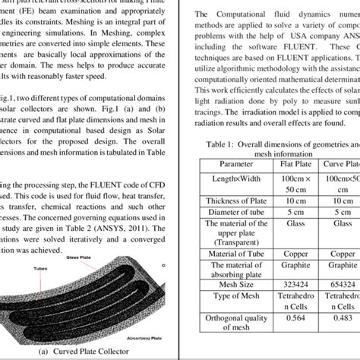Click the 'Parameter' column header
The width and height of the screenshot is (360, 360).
tap(237, 163)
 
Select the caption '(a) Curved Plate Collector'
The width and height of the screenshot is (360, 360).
tap(90, 352)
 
